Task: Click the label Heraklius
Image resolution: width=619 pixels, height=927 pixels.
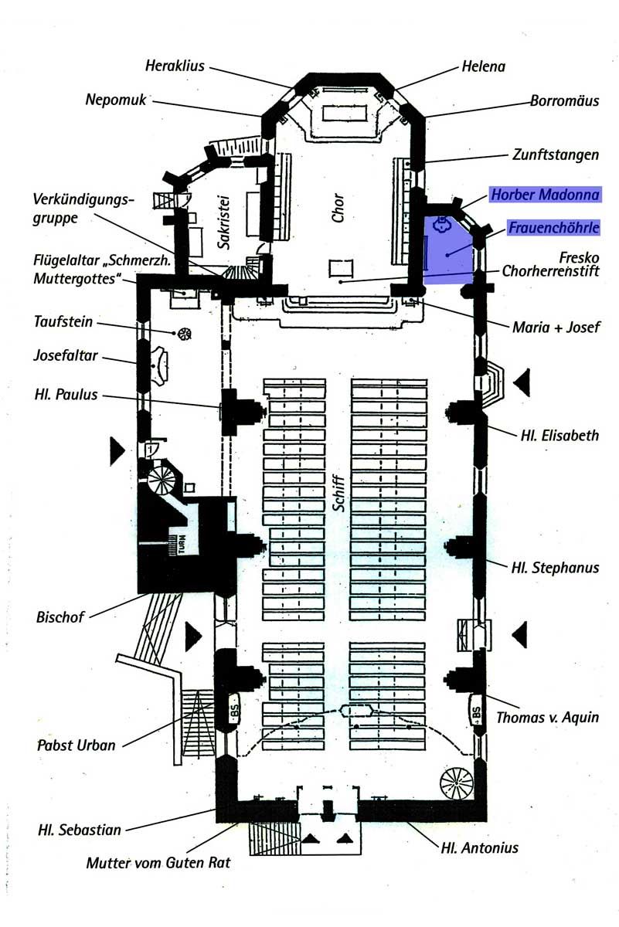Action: point(175,66)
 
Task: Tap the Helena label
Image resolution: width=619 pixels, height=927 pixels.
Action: point(483,66)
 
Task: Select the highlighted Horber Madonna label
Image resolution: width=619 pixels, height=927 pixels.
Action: point(545,195)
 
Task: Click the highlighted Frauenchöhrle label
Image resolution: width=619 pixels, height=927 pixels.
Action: point(553,228)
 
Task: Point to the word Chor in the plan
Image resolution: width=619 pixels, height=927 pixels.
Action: point(338,208)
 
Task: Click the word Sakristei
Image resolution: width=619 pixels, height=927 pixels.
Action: point(223,222)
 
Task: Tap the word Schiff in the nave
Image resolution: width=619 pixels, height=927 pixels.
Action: point(338,494)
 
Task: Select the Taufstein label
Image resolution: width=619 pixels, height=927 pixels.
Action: point(63,321)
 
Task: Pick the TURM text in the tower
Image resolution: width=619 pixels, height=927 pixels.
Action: point(182,544)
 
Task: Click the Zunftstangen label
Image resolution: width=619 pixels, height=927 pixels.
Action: point(556,154)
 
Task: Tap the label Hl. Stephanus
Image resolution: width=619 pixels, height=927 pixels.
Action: point(555,567)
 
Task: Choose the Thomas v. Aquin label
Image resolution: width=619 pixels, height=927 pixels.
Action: point(547,717)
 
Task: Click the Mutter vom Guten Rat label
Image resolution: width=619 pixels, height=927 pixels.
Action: point(158,862)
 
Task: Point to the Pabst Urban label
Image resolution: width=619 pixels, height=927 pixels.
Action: point(77,745)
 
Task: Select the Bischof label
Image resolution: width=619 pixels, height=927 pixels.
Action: point(60,617)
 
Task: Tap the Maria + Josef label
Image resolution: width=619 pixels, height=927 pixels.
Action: point(556,328)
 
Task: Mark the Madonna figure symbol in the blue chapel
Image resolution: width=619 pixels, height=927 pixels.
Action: point(442,223)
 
